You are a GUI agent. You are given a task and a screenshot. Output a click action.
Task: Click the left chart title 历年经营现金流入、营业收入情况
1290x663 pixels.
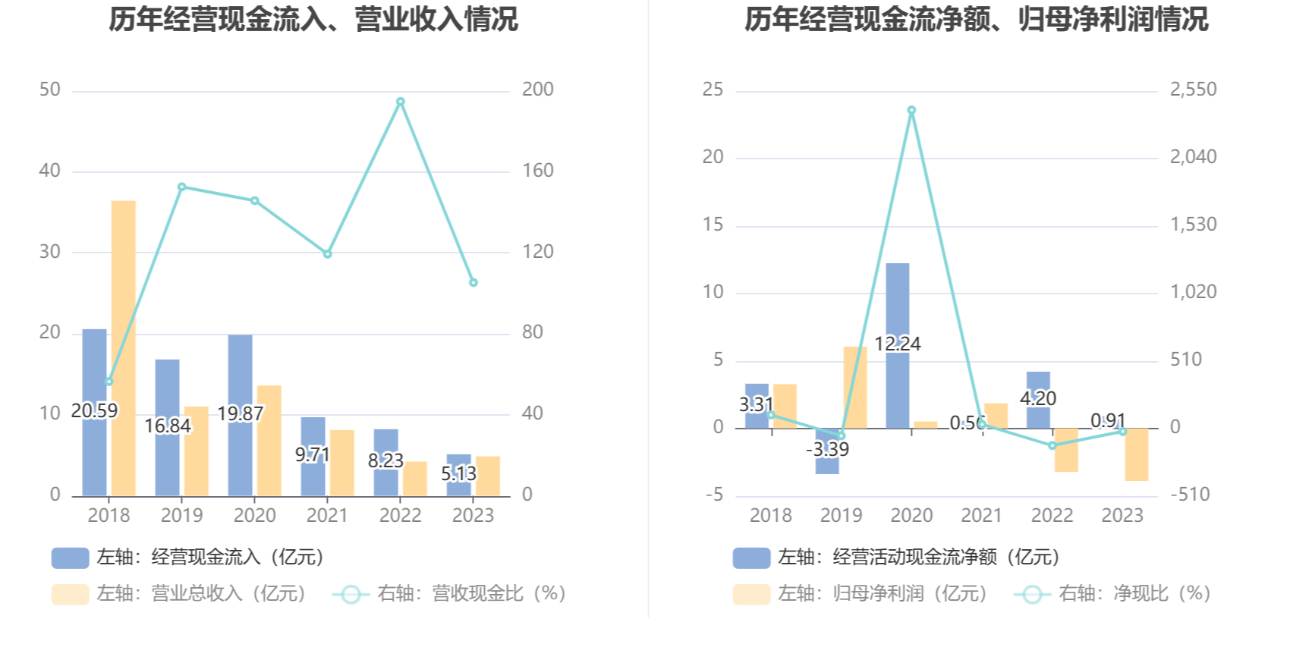click(x=313, y=20)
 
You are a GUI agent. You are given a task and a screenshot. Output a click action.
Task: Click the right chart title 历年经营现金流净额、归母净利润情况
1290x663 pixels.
click(x=976, y=20)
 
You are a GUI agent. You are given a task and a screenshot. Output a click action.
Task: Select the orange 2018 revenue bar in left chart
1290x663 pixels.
click(x=124, y=348)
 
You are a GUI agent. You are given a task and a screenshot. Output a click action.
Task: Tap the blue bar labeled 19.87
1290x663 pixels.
click(x=241, y=379)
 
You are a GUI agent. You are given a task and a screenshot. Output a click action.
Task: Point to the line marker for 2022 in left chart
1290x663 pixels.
click(x=401, y=102)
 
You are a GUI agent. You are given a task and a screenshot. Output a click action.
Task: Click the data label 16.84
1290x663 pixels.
click(x=168, y=426)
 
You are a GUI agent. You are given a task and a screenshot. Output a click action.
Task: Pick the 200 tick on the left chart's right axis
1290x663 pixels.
click(x=537, y=90)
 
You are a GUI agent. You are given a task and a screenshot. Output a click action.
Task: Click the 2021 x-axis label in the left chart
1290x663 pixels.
click(x=327, y=516)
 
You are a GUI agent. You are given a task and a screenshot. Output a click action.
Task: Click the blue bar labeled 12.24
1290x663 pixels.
click(x=898, y=303)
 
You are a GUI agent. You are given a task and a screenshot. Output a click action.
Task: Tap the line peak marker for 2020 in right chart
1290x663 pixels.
click(x=911, y=111)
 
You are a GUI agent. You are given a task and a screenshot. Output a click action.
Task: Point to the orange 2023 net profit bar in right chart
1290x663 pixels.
click(x=1137, y=454)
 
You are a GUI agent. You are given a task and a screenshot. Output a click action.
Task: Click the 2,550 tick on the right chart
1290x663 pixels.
click(x=1193, y=90)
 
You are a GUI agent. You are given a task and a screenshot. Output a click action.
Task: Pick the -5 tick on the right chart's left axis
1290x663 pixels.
click(x=714, y=495)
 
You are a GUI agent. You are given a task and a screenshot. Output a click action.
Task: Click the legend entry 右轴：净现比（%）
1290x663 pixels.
click(x=1112, y=593)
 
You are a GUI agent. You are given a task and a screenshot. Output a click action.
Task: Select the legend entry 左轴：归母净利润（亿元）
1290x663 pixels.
click(x=861, y=593)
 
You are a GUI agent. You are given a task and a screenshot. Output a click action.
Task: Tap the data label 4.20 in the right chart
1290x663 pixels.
click(x=1037, y=398)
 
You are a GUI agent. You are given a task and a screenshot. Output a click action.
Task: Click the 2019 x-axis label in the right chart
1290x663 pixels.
click(x=841, y=516)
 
